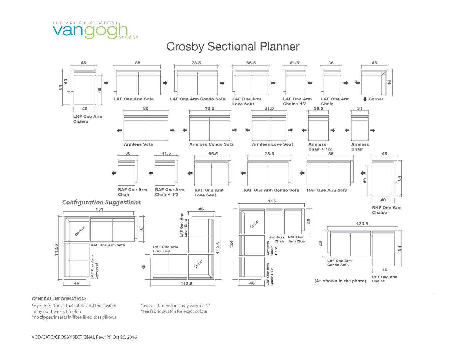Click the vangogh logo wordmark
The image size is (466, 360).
(90, 31)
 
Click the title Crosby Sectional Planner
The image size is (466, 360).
(233, 47)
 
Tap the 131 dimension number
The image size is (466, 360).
(99, 209)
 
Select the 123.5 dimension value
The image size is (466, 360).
(362, 224)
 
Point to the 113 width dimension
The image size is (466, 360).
(272, 201)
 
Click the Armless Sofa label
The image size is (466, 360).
(138, 144)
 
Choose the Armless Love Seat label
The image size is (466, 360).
(272, 144)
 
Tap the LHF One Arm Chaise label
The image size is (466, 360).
(88, 119)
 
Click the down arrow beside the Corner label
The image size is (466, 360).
(365, 99)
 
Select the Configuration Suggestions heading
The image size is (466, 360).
(102, 202)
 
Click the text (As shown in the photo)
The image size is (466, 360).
(340, 281)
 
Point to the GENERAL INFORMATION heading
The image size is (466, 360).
(59, 299)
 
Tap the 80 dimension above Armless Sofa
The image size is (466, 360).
(146, 109)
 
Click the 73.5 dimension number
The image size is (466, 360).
(209, 109)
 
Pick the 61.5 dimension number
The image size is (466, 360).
(269, 109)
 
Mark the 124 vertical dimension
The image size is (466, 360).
(231, 244)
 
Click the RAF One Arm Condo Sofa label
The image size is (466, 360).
(271, 190)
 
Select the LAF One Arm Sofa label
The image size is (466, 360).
(134, 99)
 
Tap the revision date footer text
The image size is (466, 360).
(84, 337)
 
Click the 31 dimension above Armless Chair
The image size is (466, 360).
(359, 109)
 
